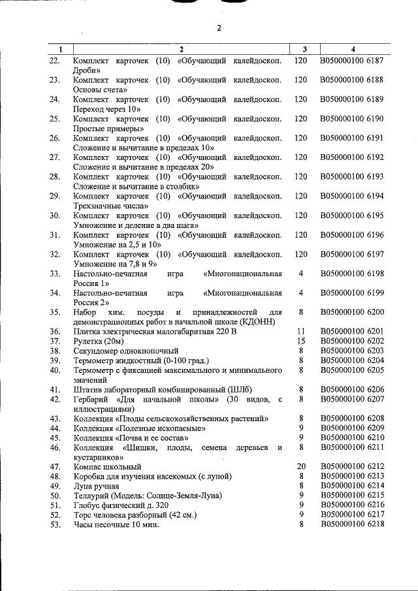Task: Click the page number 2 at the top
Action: [219, 27]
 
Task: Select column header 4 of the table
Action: [353, 49]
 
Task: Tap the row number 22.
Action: [55, 61]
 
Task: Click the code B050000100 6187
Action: [352, 61]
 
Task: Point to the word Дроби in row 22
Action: [87, 70]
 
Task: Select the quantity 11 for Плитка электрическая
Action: [301, 331]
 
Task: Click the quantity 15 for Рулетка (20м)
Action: [301, 341]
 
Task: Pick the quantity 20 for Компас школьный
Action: [301, 466]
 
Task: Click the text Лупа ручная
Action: [96, 487]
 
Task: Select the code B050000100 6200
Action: [352, 312]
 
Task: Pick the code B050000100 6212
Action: [352, 466]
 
